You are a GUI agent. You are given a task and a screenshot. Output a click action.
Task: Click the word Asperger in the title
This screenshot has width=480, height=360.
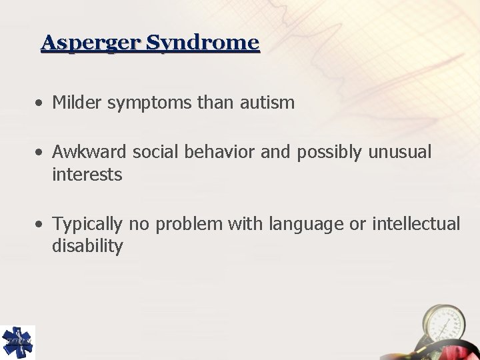click(x=91, y=43)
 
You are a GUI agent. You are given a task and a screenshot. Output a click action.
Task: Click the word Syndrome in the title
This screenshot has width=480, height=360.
click(x=202, y=43)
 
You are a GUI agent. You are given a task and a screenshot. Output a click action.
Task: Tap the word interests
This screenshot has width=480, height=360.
click(x=87, y=175)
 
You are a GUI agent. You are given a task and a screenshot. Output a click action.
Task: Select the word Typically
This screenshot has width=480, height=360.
click(x=87, y=225)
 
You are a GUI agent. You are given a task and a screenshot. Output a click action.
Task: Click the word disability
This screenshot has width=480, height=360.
click(x=87, y=247)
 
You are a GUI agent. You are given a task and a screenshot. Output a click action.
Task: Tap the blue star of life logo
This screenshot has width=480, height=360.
click(x=17, y=342)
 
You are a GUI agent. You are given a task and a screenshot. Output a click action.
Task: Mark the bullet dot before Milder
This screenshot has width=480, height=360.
click(x=41, y=103)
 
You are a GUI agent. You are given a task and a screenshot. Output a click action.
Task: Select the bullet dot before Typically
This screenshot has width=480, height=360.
click(x=41, y=224)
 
